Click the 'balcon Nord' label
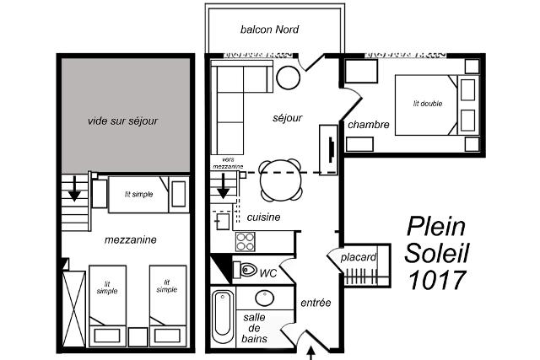tap(269, 30)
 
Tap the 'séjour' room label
tap(287, 118)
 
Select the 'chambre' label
tap(369, 125)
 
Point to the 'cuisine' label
tap(263, 218)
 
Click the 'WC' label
tap(268, 273)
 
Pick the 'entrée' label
tap(316, 303)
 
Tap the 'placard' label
tap(358, 257)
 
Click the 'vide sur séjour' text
tap(122, 121)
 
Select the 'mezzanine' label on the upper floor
tap(130, 240)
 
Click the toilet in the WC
tap(246, 270)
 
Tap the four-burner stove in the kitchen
tap(246, 242)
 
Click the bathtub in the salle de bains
tap(222, 317)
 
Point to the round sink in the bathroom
tap(264, 298)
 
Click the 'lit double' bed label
tap(428, 104)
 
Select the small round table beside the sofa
tap(289, 78)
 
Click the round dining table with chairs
tap(281, 180)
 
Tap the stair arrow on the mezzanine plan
tap(74, 189)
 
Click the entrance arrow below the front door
tap(311, 353)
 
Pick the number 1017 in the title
tap(437, 279)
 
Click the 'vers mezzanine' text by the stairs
tap(228, 163)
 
